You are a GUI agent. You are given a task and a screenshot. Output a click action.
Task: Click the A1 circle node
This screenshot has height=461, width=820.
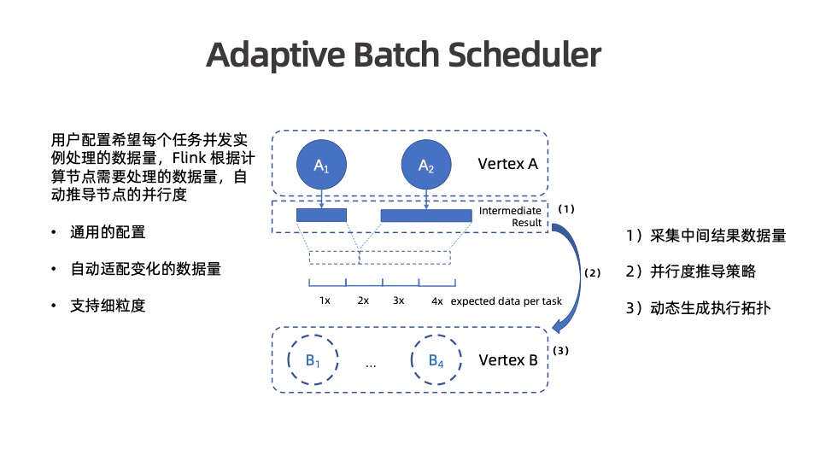[321, 166]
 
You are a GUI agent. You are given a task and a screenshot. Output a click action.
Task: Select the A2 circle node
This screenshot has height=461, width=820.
[425, 166]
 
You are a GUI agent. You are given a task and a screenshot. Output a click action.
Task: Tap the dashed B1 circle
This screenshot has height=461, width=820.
[313, 360]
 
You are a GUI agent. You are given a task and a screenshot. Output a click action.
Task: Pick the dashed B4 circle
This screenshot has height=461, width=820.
[436, 360]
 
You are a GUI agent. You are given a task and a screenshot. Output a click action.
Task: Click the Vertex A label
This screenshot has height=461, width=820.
[507, 163]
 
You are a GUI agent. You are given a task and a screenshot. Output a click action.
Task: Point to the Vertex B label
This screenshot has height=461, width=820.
[508, 360]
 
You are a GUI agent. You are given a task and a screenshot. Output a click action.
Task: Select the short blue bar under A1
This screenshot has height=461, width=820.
[321, 215]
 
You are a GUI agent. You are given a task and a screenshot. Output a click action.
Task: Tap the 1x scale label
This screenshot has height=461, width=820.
[325, 301]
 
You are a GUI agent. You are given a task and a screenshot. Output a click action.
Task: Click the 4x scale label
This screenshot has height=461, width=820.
[437, 301]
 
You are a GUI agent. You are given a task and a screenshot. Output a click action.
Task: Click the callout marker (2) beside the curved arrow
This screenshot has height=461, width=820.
[592, 273]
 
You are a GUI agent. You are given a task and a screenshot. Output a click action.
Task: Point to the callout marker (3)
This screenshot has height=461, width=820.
[560, 350]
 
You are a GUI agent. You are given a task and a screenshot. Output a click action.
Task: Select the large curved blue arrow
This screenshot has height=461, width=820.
[574, 273]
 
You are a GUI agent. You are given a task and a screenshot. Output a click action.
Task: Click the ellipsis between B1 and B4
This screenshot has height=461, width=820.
[371, 364]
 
